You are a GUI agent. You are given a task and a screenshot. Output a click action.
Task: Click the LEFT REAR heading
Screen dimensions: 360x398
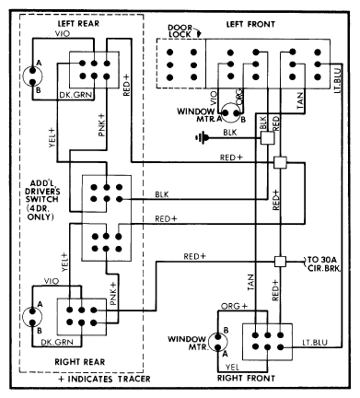coord(78,24)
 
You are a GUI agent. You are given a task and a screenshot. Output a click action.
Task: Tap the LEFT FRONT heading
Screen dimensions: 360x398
coord(250,24)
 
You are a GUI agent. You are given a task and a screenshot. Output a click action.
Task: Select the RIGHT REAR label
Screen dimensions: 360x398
coord(80,362)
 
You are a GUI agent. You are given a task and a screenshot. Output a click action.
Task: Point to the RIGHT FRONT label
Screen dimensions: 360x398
coord(246,378)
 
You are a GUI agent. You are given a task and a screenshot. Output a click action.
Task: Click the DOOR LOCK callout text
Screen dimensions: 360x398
coord(180,31)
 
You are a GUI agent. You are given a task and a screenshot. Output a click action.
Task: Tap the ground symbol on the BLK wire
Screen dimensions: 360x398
coord(202,138)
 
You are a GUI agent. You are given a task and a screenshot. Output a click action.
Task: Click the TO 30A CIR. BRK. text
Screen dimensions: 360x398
coord(324,263)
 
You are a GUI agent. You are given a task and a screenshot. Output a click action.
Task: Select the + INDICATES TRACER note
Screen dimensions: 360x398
coord(104,379)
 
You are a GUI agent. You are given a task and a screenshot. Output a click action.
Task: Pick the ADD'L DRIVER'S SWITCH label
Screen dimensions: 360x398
coord(42,200)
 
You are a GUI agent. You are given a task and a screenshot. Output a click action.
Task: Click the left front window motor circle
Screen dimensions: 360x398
coord(230,113)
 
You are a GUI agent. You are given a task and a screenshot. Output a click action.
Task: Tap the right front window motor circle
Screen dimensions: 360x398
coord(217,342)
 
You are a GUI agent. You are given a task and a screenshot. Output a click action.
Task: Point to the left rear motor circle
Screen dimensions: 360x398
coord(32,76)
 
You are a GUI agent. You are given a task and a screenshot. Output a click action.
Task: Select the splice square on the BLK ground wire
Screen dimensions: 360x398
coord(267,138)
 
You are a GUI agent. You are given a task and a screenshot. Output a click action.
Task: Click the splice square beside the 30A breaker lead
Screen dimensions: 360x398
coord(280,262)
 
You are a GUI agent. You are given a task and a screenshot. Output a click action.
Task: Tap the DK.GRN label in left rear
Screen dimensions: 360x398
coord(75,95)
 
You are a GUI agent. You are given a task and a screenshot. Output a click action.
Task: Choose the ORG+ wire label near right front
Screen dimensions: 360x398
coord(234,306)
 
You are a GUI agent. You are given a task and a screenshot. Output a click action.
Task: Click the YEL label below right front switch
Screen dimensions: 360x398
coord(232,367)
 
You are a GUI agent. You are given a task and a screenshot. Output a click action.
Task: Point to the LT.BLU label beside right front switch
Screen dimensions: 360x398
coord(315,342)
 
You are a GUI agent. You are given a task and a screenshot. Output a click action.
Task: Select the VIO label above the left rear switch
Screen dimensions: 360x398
coord(63,33)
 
